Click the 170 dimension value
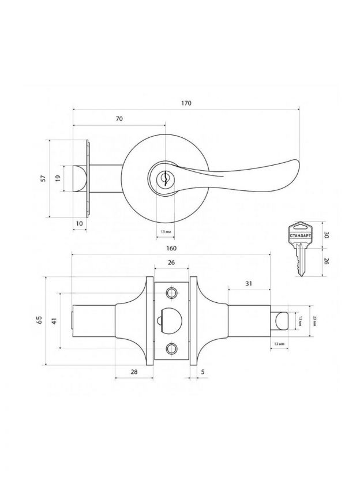coord(186,103)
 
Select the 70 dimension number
coord(119,118)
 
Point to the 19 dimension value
coord(58,178)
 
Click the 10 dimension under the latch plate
coord(79,223)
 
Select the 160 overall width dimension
coord(171,248)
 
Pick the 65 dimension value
coord(39,321)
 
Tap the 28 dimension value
coord(134,372)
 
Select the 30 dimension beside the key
coord(326,235)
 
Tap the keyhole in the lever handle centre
coord(165,178)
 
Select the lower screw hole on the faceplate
coord(170,348)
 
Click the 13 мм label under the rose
coord(165,232)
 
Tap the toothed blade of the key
coord(299,262)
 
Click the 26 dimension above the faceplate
coord(171,263)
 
